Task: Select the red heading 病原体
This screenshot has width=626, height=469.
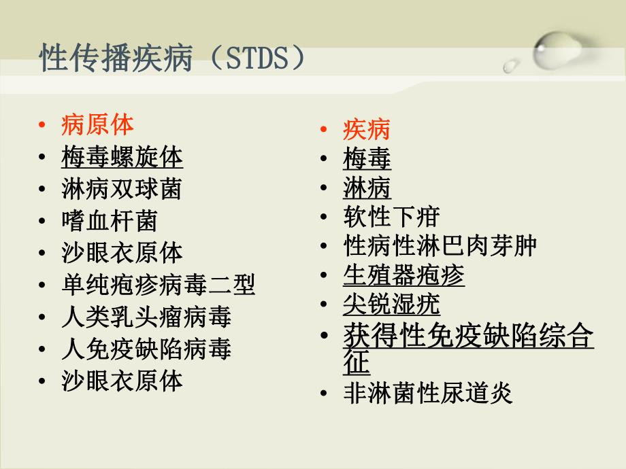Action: coord(97,124)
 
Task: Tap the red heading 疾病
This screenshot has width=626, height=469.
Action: coord(367,129)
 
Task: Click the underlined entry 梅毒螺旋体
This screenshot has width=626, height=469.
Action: coord(122,157)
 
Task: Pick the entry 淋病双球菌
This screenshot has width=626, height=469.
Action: coord(122,189)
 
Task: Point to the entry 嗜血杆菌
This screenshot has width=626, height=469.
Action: coord(110,221)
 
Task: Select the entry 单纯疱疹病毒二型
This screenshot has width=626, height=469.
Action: coord(158,285)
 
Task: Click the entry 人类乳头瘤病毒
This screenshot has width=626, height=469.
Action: coord(146,317)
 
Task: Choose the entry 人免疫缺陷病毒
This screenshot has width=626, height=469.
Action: coord(146,349)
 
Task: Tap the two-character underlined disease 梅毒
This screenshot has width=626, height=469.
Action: coord(367,160)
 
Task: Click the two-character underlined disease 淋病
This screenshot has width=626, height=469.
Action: coord(367,188)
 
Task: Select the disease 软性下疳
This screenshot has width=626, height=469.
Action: coord(391,217)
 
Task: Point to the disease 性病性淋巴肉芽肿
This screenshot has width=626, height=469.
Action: coord(440,246)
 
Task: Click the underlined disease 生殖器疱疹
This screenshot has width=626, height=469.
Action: coord(403,275)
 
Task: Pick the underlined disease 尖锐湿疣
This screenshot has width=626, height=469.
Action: coord(391,305)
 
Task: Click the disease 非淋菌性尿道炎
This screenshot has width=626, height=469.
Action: coord(428,394)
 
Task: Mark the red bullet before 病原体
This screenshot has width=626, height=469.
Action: coord(43,125)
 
